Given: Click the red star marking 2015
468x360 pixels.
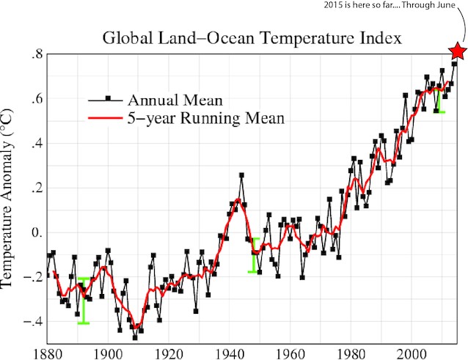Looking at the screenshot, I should (458, 51).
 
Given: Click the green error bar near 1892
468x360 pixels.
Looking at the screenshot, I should (84, 301).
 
